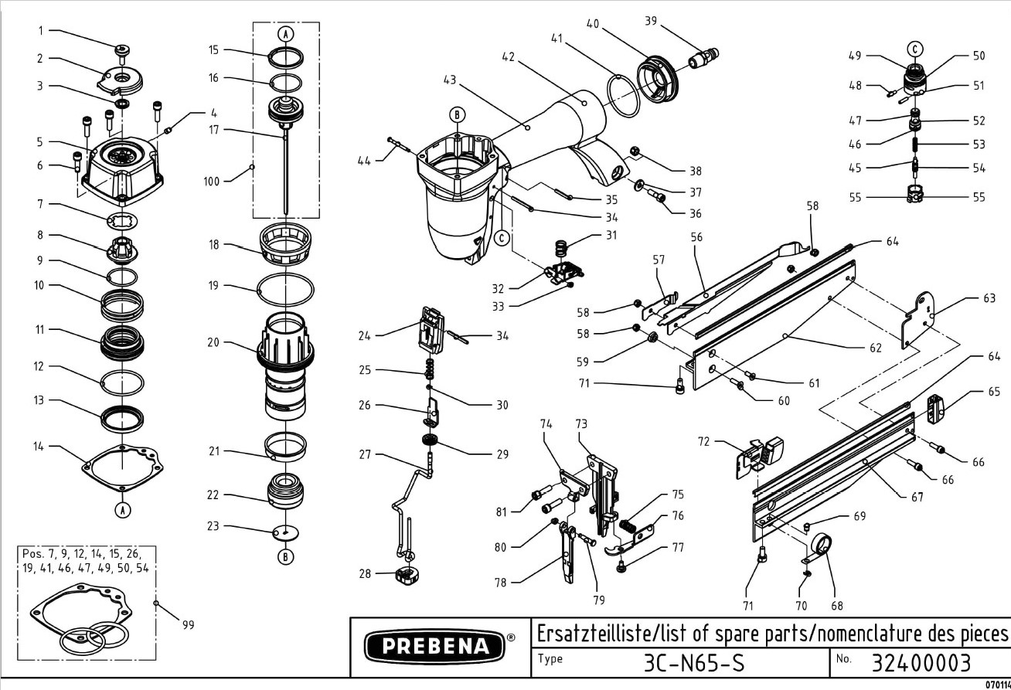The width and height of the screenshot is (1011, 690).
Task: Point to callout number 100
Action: (211, 181)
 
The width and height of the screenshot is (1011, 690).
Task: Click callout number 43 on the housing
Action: (451, 80)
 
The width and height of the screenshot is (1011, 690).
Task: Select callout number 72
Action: (703, 443)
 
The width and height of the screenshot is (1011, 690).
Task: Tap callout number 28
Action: (364, 573)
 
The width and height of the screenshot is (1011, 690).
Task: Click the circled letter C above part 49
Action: (914, 48)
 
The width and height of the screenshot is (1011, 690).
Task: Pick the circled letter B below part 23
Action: (285, 556)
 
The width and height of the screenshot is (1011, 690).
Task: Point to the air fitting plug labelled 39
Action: (701, 56)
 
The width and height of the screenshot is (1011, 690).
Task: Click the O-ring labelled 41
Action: (621, 96)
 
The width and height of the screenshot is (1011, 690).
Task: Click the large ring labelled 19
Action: (285, 290)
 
